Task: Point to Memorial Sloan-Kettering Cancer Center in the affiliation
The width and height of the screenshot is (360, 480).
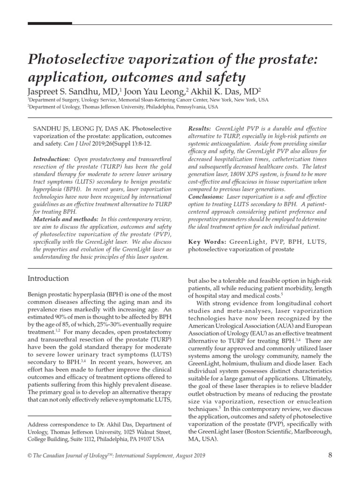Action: tap(149, 100)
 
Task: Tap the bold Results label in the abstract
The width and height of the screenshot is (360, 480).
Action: tap(199, 128)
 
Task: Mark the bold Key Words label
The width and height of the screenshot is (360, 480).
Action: tap(207, 241)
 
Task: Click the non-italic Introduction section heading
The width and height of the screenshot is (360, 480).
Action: tap(48, 278)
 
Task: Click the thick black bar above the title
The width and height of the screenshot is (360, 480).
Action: tap(50, 23)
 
